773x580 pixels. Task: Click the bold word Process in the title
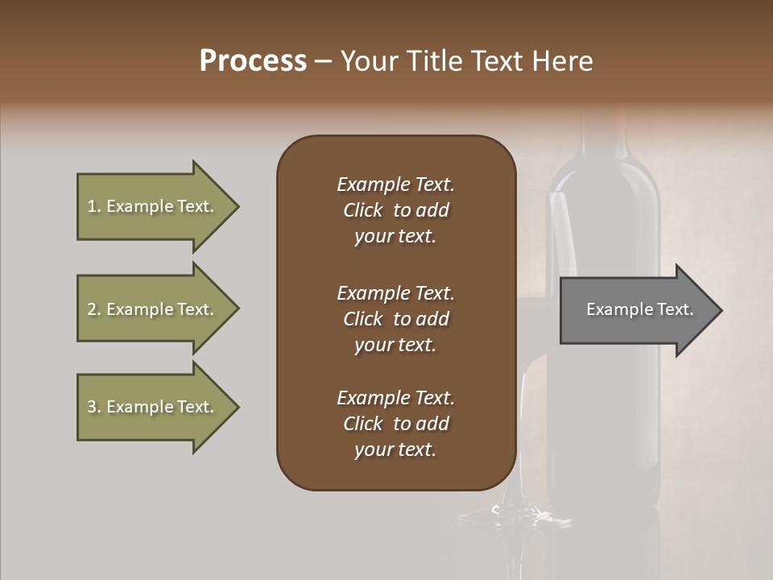(x=253, y=61)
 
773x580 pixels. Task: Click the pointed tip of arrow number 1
(x=236, y=207)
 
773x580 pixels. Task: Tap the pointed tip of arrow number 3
(x=236, y=407)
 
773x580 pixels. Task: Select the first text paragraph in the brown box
(x=395, y=210)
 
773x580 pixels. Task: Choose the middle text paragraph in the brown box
(x=395, y=319)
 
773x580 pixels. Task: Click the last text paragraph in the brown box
(x=395, y=424)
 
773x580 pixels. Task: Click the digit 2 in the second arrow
(x=91, y=309)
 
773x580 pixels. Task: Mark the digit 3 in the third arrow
(x=91, y=407)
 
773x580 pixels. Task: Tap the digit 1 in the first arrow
(x=91, y=206)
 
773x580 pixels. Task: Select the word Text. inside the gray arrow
(x=674, y=309)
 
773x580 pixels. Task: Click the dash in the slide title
(x=324, y=62)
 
